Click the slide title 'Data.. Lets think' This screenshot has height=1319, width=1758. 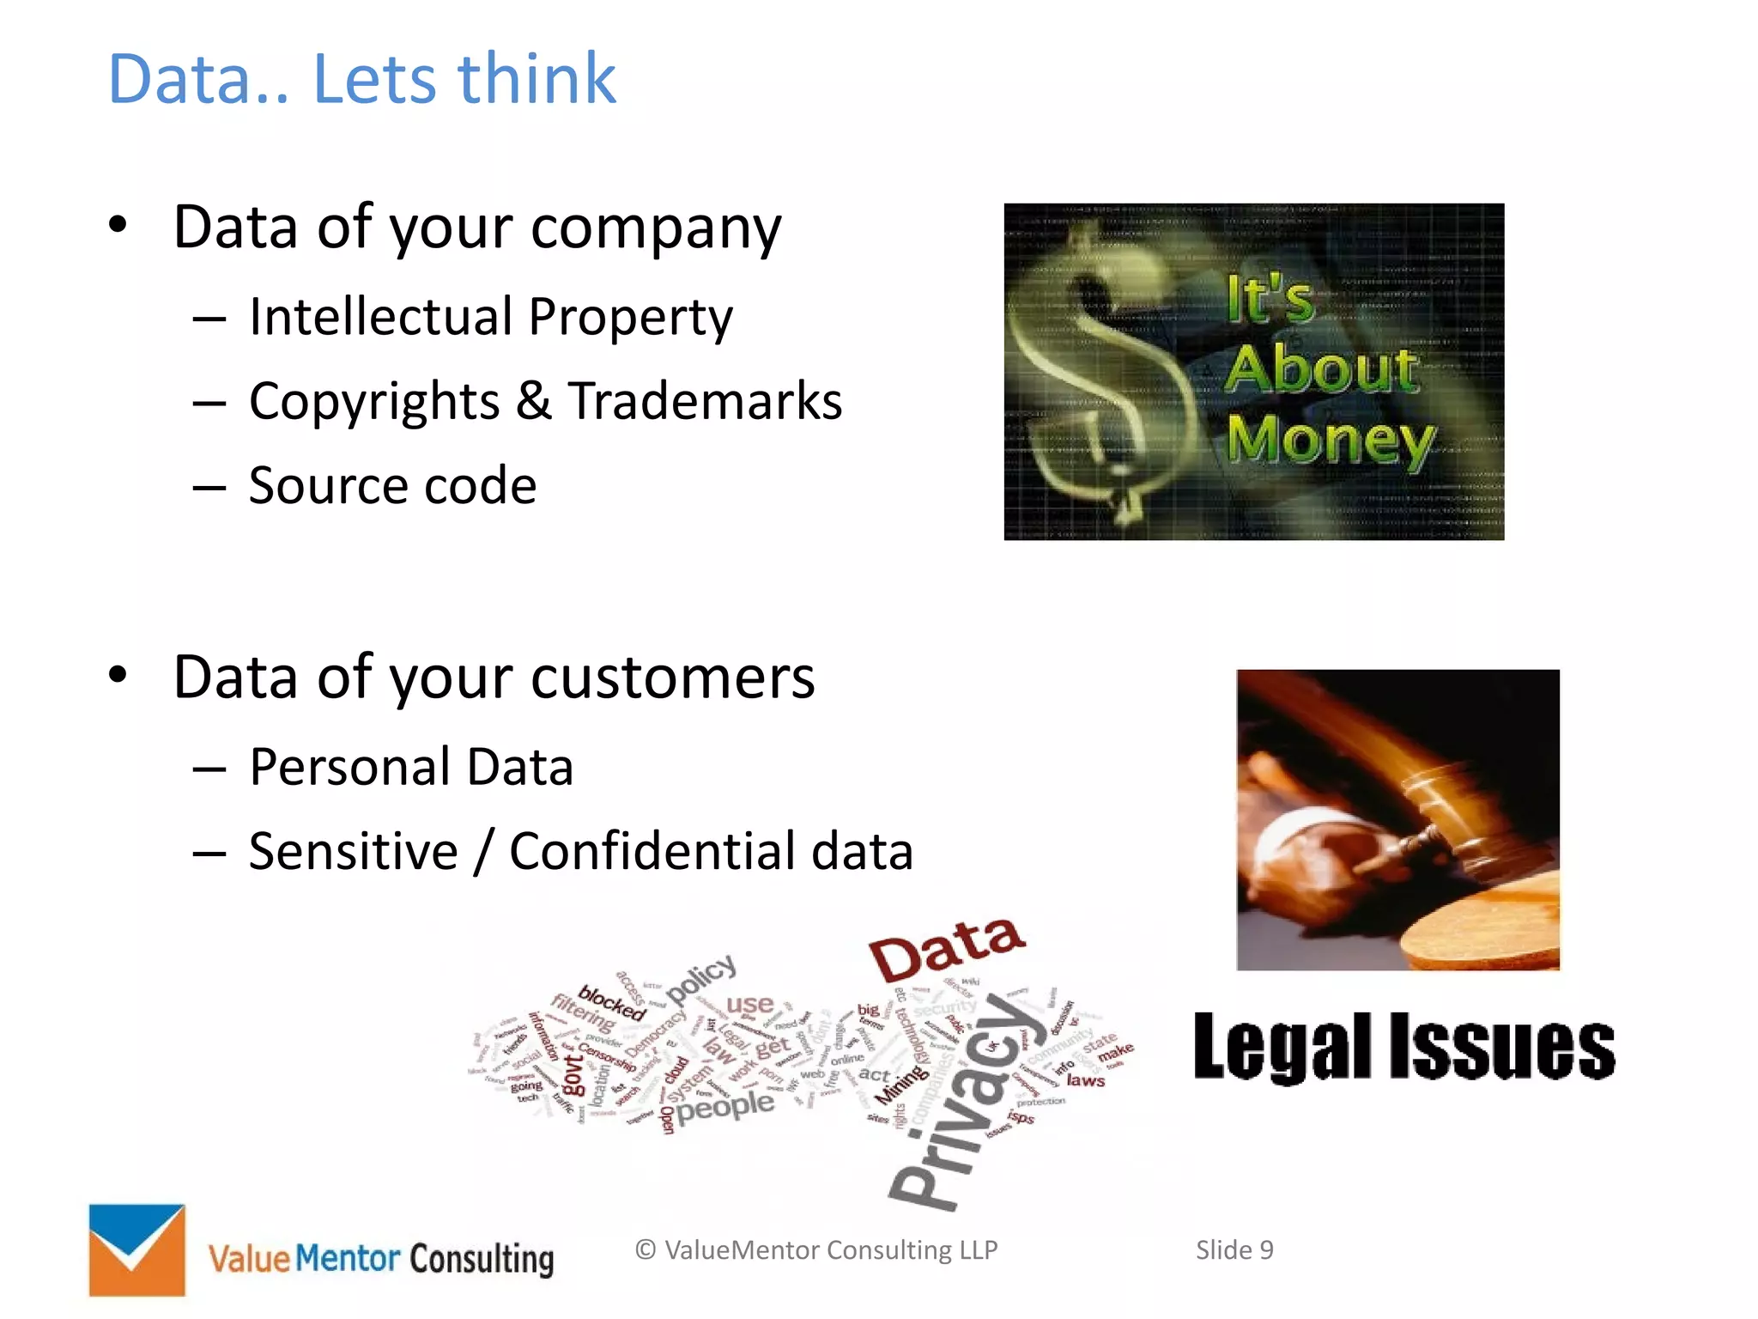pyautogui.click(x=361, y=79)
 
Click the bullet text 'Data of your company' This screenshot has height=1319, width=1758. pyautogui.click(x=477, y=228)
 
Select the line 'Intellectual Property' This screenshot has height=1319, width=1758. pyautogui.click(x=491, y=317)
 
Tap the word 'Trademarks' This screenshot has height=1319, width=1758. pyautogui.click(x=705, y=401)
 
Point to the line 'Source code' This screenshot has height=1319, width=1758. pyautogui.click(x=392, y=485)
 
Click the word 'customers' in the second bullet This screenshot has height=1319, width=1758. pyautogui.click(x=672, y=678)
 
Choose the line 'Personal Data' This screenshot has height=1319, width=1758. pyautogui.click(x=411, y=767)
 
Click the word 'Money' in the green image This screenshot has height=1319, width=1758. pyautogui.click(x=1330, y=441)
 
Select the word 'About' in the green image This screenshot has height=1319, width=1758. pyautogui.click(x=1321, y=370)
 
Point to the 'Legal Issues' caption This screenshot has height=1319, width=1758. pyautogui.click(x=1404, y=1047)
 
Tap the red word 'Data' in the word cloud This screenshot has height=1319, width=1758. pyautogui.click(x=946, y=948)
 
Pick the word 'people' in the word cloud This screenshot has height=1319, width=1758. pyautogui.click(x=725, y=1107)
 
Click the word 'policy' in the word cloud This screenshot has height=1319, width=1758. pyautogui.click(x=701, y=978)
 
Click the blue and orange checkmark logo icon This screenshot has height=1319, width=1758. pyautogui.click(x=137, y=1249)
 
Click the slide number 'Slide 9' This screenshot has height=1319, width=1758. pyautogui.click(x=1234, y=1250)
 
